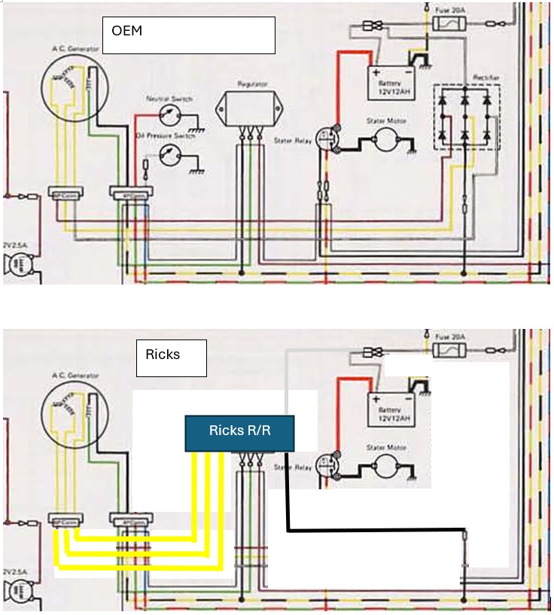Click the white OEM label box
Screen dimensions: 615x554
pyautogui.click(x=188, y=35)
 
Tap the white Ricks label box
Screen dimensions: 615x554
pyautogui.click(x=171, y=359)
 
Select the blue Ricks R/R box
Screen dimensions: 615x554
pyautogui.click(x=239, y=434)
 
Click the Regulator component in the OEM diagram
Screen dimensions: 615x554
pyautogui.click(x=248, y=109)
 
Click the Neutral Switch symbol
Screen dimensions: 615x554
pyautogui.click(x=172, y=115)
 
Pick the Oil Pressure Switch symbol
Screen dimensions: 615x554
pyautogui.click(x=171, y=153)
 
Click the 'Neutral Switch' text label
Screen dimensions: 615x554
pyautogui.click(x=172, y=99)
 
